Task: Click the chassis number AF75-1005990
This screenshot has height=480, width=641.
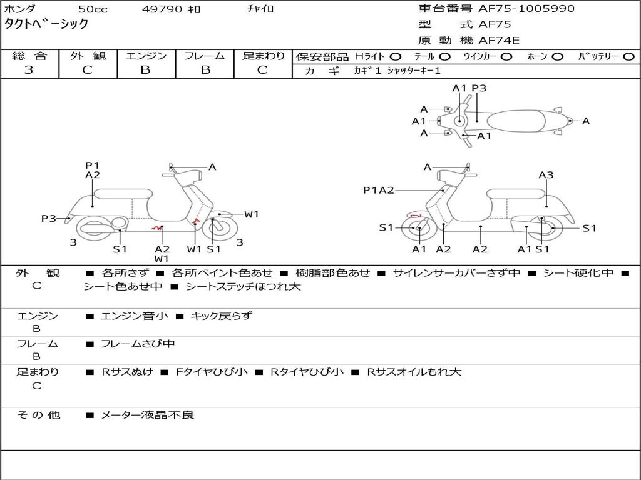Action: pos(526,9)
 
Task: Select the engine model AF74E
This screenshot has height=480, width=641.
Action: pos(499,41)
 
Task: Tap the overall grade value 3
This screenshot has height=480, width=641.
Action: pos(29,70)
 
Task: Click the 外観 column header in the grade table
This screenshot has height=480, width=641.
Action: pos(88,56)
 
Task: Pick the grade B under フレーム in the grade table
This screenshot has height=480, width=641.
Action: pos(205,70)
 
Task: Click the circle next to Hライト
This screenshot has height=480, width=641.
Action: pos(396,57)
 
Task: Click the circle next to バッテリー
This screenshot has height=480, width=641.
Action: pos(628,57)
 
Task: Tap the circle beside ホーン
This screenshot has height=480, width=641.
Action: pos(557,57)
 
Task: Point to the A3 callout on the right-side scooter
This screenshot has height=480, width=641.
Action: pos(546,175)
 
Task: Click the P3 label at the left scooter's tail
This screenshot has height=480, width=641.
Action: pos(49,219)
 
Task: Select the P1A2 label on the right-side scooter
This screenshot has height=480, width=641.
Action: pos(379,190)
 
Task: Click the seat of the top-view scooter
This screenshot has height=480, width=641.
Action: pos(516,121)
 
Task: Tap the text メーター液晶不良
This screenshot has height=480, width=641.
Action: pos(147,415)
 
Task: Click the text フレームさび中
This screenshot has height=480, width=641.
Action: pos(138,344)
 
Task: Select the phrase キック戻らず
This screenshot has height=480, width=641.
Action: pos(222,316)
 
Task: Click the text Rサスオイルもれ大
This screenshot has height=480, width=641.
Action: pos(414,372)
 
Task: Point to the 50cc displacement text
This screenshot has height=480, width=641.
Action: pos(93,9)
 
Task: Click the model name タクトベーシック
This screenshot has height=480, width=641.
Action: pos(46,24)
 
